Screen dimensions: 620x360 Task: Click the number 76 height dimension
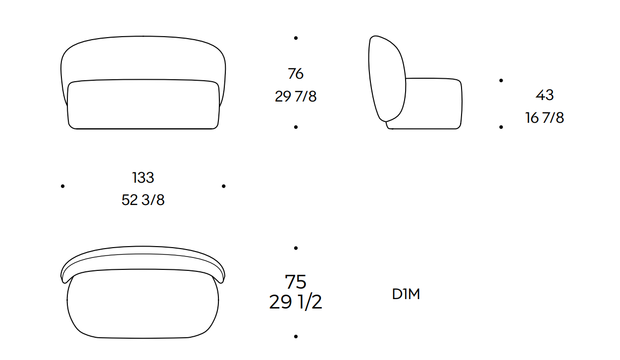pos(296,74)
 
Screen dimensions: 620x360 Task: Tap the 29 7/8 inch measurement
pos(296,96)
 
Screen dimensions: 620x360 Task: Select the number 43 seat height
pos(544,95)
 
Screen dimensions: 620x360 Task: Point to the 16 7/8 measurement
pos(544,117)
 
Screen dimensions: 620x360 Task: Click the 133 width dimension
pos(143,177)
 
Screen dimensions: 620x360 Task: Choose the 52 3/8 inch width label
pos(143,200)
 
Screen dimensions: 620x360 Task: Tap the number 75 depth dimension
pos(296,282)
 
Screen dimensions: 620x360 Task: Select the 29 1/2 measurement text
pos(296,302)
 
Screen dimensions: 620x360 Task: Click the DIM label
pos(406,294)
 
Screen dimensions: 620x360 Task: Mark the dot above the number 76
pos(296,38)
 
